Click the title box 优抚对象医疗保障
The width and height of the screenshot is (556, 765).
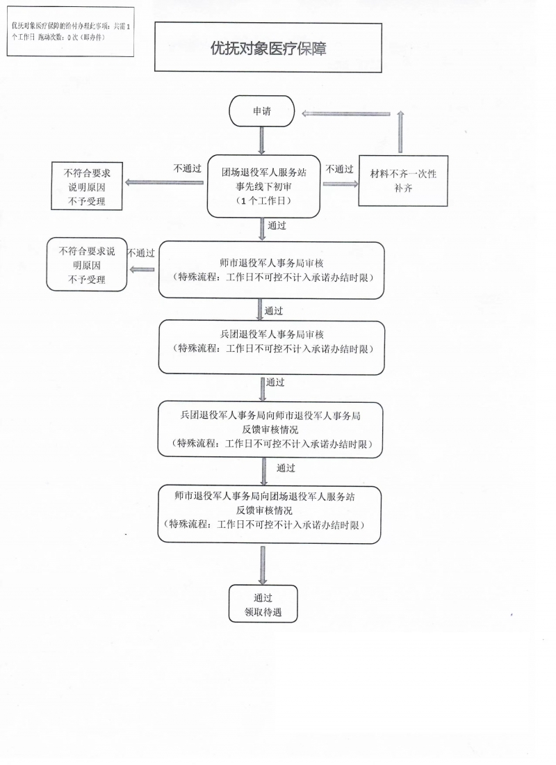(x=268, y=47)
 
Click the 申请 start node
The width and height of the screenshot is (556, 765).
(x=262, y=111)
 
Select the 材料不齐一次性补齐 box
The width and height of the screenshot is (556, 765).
(x=403, y=181)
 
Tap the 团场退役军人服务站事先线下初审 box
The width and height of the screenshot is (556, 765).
(x=264, y=186)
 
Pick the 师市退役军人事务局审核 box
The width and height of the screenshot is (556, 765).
(x=272, y=270)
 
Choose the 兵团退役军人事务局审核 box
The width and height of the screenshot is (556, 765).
(x=272, y=347)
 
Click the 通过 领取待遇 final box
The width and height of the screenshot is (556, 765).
(x=263, y=604)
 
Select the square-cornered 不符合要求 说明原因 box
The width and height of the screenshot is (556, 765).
(x=87, y=186)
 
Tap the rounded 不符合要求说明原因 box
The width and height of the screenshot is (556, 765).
(x=87, y=264)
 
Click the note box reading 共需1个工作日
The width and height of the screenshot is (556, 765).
(x=70, y=32)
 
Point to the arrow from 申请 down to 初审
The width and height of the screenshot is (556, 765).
(x=262, y=141)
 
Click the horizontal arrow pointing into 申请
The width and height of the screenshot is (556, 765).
(x=346, y=113)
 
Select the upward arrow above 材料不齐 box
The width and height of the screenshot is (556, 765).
(x=400, y=131)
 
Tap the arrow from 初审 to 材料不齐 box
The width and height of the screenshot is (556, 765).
(x=340, y=184)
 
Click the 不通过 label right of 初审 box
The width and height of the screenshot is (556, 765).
(x=339, y=169)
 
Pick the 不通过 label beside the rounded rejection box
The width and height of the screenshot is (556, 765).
(x=141, y=252)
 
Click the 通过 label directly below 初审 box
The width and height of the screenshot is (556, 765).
(x=277, y=225)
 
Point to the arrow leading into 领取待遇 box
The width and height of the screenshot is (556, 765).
(x=263, y=565)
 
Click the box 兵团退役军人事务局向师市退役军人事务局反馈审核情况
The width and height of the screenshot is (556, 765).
(x=270, y=429)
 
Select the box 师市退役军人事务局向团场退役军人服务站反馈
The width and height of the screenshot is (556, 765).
(x=269, y=514)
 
